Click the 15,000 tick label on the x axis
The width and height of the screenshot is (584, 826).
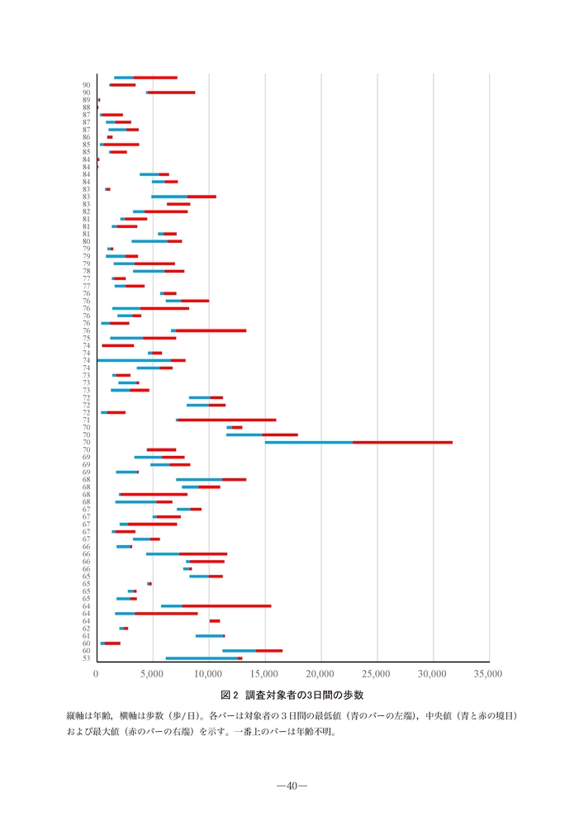pos(264,674)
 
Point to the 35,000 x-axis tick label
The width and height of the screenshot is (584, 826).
pos(488,674)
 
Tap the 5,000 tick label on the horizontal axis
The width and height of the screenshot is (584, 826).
pos(153,674)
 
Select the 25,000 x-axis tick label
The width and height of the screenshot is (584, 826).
pos(377,674)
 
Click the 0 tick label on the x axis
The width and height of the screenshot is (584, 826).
pos(97,674)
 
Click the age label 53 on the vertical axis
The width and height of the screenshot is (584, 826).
pos(87,658)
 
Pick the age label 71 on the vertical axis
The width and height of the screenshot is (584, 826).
pos(87,420)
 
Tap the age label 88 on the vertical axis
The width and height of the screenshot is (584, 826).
pos(87,107)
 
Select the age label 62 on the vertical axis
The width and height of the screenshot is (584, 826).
pos(87,629)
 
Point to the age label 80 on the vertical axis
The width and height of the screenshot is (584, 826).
pos(87,241)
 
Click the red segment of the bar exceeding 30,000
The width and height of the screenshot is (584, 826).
pos(402,443)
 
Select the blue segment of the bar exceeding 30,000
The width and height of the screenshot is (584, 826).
pos(308,443)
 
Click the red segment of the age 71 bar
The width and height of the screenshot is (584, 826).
pos(227,420)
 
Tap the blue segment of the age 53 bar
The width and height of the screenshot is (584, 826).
pos(202,658)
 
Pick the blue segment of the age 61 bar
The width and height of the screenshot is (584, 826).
pos(209,636)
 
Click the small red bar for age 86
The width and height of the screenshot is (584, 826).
pos(110,137)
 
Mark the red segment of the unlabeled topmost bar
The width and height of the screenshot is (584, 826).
pos(155,78)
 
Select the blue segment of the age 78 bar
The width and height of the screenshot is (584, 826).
pos(149,271)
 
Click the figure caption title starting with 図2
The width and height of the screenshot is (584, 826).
pos(292,695)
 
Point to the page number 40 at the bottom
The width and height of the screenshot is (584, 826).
pos(292,786)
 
